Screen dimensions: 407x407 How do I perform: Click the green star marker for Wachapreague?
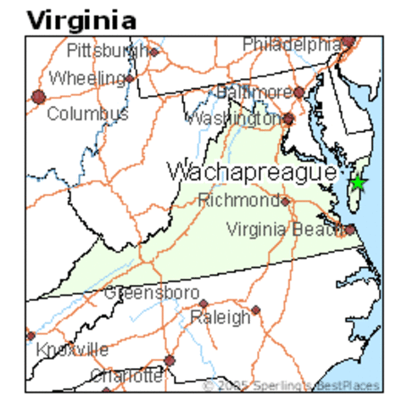tap(358, 181)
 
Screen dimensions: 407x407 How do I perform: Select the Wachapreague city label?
tap(251, 171)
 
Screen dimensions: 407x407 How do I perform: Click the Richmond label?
tap(238, 201)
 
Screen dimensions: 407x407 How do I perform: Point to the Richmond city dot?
tap(286, 201)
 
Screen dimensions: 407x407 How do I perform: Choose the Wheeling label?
tap(87, 78)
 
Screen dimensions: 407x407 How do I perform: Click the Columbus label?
tap(87, 113)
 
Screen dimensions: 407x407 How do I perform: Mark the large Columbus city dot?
tap(37, 97)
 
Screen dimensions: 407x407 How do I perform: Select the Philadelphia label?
tap(293, 42)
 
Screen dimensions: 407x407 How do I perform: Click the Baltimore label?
tap(253, 91)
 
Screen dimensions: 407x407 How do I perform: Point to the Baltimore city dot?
tap(298, 92)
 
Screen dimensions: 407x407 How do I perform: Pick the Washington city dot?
tap(288, 119)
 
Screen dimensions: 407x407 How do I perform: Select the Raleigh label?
tap(220, 317)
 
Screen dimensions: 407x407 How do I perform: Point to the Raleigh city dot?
tap(255, 310)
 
